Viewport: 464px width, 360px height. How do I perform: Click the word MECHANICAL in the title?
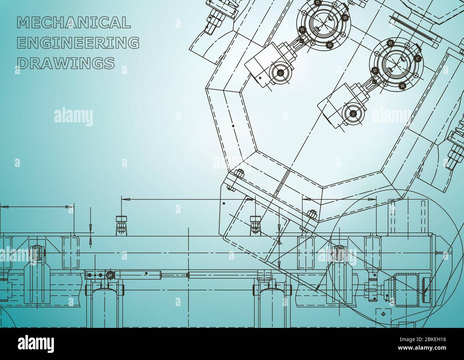tap(74, 23)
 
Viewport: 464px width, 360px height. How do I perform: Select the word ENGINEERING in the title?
tap(78, 43)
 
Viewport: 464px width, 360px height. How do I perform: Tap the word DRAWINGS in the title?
tap(66, 63)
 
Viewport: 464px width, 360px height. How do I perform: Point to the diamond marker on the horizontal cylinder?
tap(146, 273)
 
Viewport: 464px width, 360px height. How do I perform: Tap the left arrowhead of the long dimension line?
tap(123, 200)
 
